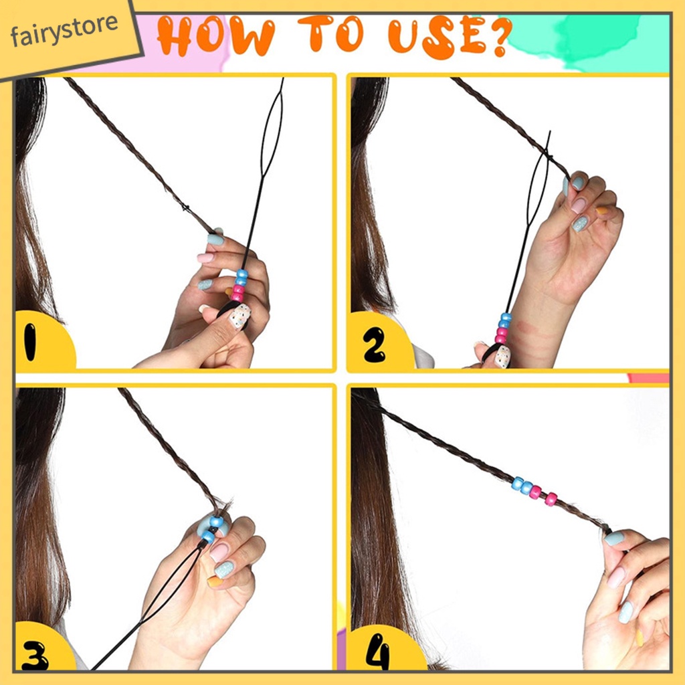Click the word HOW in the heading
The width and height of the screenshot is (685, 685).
pyautogui.click(x=216, y=36)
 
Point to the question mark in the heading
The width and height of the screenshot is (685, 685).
pyautogui.click(x=498, y=37)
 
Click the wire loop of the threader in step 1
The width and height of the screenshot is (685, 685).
pyautogui.click(x=272, y=131)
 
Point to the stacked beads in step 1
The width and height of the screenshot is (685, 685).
pyautogui.click(x=239, y=286)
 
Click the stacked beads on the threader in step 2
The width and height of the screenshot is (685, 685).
pyautogui.click(x=503, y=328)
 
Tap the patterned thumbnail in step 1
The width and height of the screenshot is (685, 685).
pyautogui.click(x=240, y=316)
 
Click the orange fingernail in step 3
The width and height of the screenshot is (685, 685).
pyautogui.click(x=215, y=581)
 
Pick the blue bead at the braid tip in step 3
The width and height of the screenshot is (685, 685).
pyautogui.click(x=216, y=522)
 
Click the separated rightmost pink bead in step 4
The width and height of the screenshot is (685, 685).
pyautogui.click(x=551, y=499)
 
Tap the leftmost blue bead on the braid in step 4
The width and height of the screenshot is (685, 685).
pyautogui.click(x=518, y=484)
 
